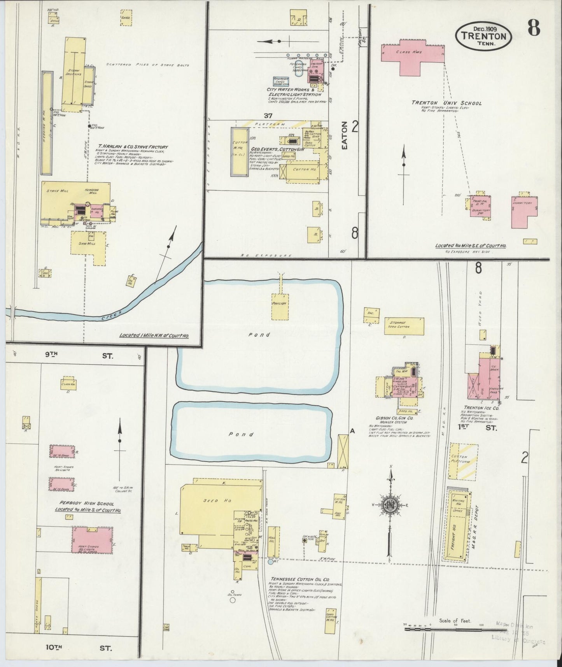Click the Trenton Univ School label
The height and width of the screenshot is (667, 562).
pyautogui.click(x=447, y=104)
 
